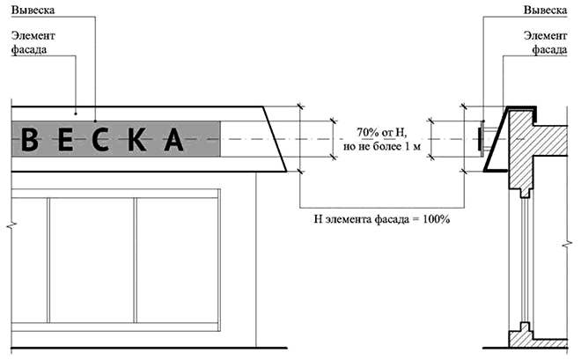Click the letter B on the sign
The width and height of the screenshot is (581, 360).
pyautogui.click(x=30, y=139)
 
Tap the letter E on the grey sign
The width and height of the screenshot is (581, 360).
pyautogui.click(x=66, y=139)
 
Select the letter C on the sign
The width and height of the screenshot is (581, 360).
pyautogui.click(x=100, y=139)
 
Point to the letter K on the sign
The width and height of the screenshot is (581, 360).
pyautogui.click(x=136, y=139)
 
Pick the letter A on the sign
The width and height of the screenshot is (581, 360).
pyautogui.click(x=174, y=139)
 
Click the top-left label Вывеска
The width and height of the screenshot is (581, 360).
pyautogui.click(x=33, y=10)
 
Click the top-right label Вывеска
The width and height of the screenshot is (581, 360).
pyautogui.click(x=545, y=10)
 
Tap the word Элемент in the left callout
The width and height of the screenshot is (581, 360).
pyautogui.click(x=33, y=36)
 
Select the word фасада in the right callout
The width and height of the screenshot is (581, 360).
pyautogui.click(x=549, y=49)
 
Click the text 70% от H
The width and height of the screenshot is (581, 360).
pyautogui.click(x=382, y=132)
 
